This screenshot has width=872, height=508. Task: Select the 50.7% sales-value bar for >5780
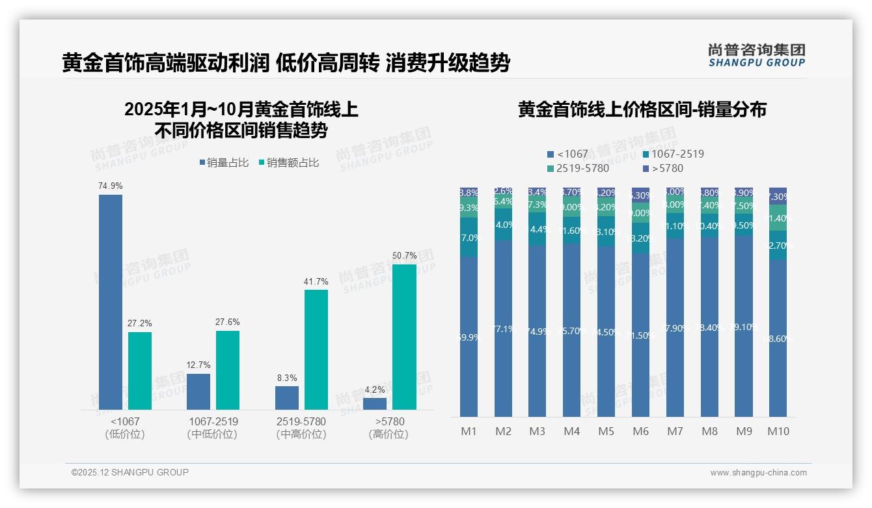(404, 337)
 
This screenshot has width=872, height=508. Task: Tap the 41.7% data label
(316, 282)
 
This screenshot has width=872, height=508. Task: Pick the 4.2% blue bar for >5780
(375, 403)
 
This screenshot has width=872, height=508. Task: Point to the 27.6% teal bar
(228, 370)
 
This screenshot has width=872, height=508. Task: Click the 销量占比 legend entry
(224, 163)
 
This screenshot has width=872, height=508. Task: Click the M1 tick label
(469, 431)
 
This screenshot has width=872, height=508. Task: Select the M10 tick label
(778, 431)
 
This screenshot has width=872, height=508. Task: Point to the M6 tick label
(640, 431)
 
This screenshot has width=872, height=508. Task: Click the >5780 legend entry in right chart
(663, 169)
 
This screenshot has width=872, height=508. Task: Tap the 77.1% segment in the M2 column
(504, 329)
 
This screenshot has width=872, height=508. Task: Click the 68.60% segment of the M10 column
(778, 339)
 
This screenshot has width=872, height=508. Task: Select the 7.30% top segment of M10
(778, 196)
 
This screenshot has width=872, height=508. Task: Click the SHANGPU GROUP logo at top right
(757, 55)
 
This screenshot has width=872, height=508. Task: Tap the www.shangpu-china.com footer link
(758, 473)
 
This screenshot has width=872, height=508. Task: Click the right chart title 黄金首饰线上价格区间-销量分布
(642, 109)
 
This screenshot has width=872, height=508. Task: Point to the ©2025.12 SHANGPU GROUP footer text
(130, 473)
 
